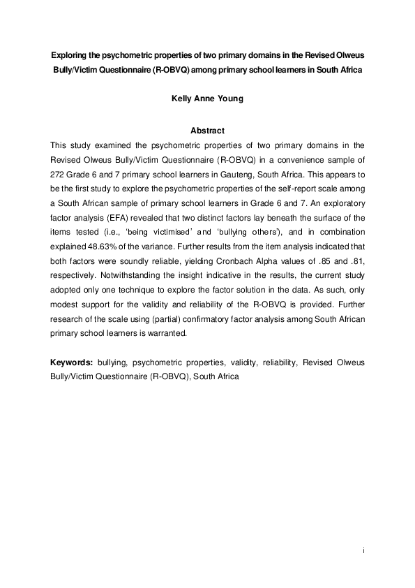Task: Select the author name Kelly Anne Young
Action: point(207,99)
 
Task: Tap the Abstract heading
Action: point(207,131)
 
